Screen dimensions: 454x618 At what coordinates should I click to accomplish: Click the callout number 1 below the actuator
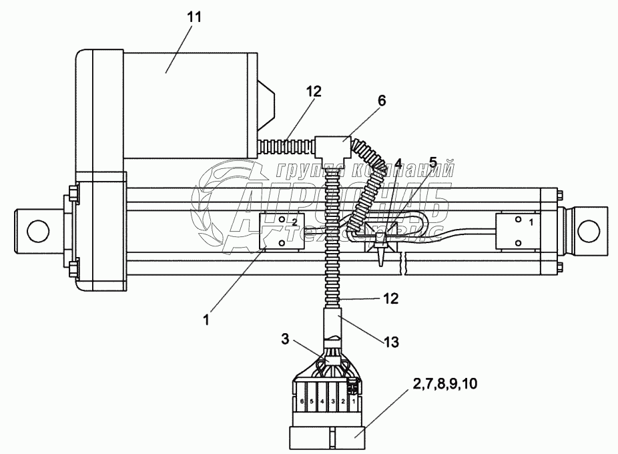(206, 320)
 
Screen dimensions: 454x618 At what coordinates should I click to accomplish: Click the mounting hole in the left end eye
(37, 230)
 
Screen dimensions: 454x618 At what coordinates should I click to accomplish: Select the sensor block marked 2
(282, 231)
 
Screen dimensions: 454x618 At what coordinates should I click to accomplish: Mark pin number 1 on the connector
(352, 402)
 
